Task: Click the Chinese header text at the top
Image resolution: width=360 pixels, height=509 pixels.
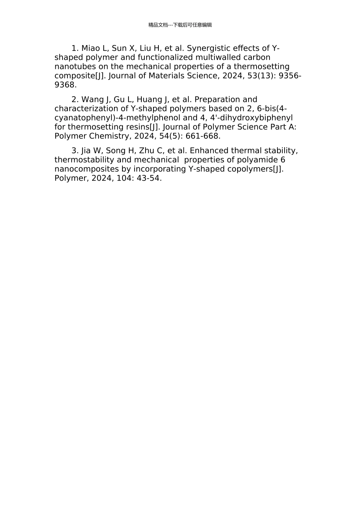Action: pyautogui.click(x=180, y=25)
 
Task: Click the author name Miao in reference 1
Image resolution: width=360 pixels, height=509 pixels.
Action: pyautogui.click(x=91, y=48)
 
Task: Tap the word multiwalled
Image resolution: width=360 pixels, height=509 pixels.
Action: pyautogui.click(x=217, y=58)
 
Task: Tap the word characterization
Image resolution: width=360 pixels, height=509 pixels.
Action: pyautogui.click(x=86, y=109)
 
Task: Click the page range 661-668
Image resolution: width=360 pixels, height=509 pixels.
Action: pyautogui.click(x=203, y=136)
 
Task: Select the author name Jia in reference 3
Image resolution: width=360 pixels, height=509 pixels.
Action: pyautogui.click(x=86, y=151)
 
